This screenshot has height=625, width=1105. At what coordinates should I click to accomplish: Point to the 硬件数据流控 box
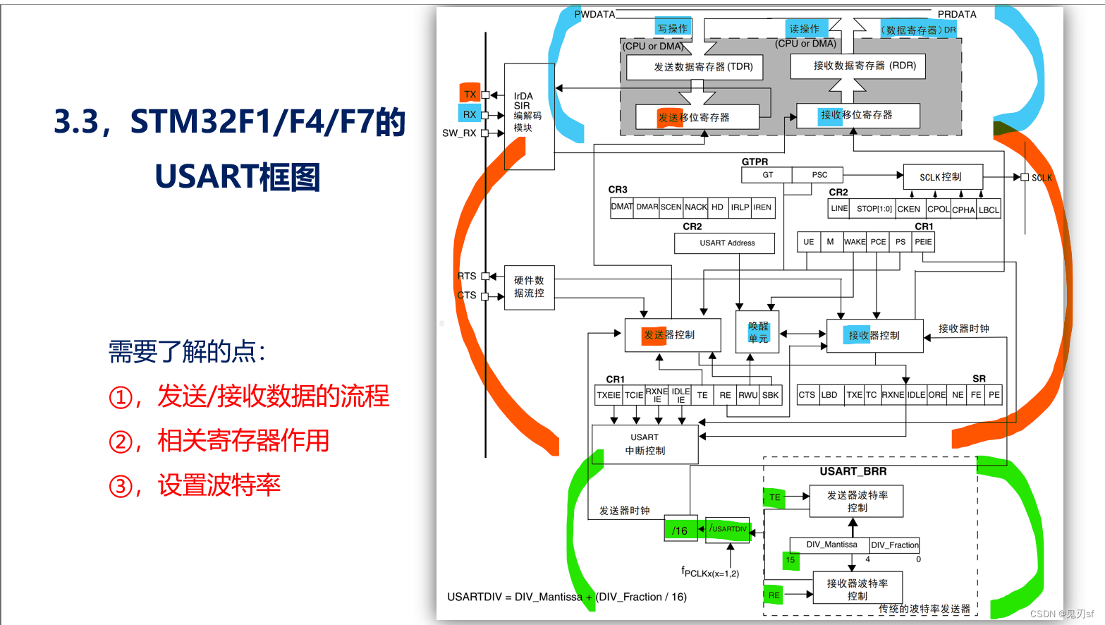[x=529, y=287]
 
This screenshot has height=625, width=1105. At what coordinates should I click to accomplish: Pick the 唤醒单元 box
[x=758, y=332]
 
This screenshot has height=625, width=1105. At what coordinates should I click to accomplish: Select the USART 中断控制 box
[x=645, y=444]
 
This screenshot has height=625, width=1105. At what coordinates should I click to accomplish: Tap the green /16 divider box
[x=680, y=530]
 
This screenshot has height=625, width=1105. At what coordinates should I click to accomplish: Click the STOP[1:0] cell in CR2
[x=874, y=209]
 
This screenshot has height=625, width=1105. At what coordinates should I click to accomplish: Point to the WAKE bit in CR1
[x=855, y=242]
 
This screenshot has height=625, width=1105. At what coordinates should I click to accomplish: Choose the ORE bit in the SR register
[x=936, y=395]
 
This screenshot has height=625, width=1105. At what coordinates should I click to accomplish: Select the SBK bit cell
[x=771, y=395]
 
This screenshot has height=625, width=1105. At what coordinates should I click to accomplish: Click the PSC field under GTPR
[x=819, y=175]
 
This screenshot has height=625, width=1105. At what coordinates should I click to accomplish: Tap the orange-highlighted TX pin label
[x=470, y=94]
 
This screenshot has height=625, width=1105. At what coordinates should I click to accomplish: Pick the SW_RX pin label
[x=459, y=133]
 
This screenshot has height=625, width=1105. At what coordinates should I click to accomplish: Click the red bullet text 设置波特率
[x=219, y=485]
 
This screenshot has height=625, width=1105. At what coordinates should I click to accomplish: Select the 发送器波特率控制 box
[x=857, y=501]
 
